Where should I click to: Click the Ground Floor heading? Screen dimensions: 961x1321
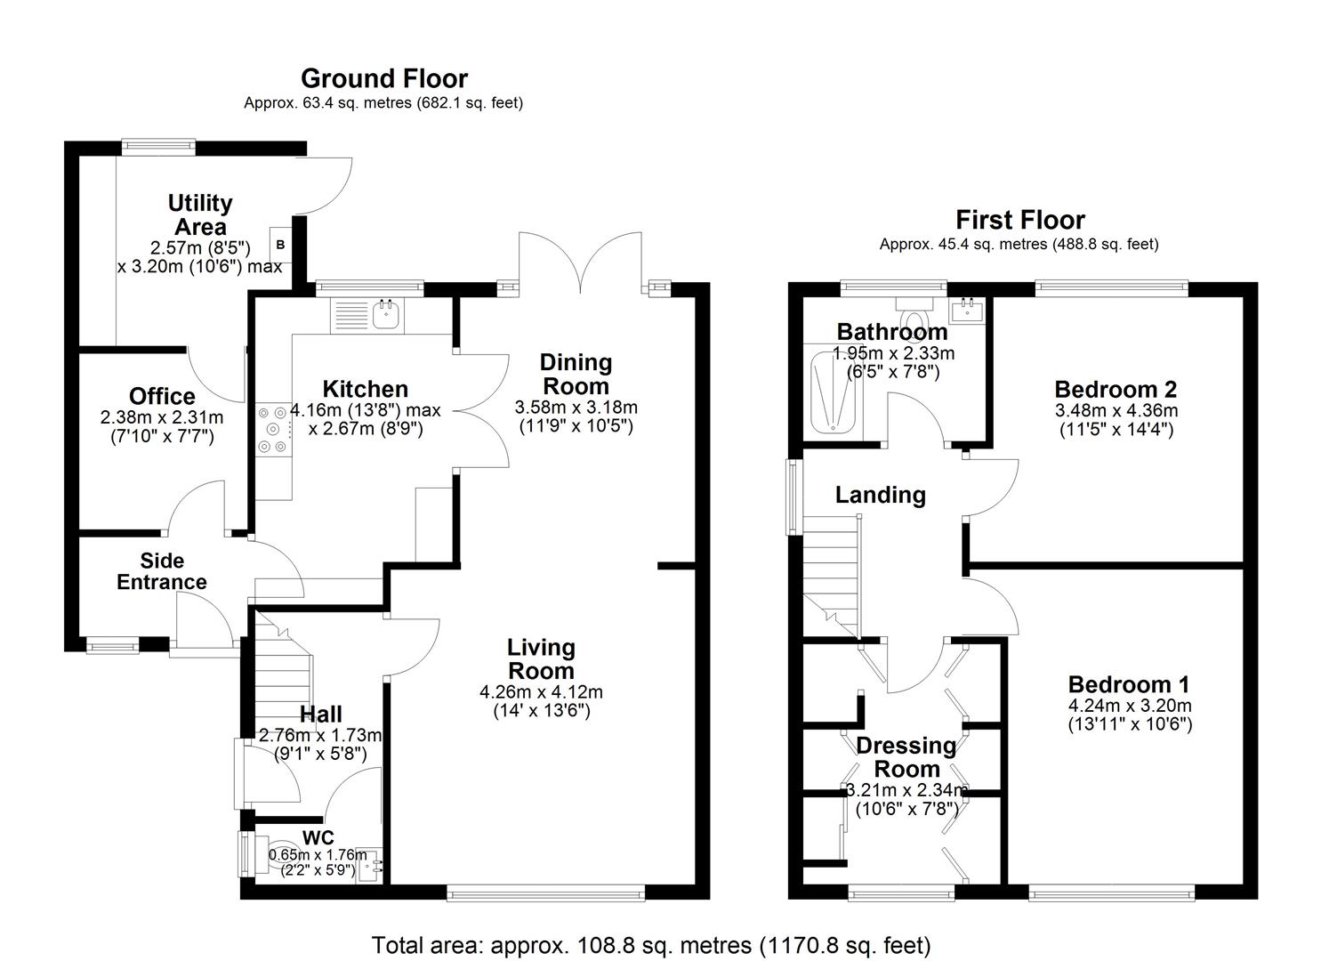383,79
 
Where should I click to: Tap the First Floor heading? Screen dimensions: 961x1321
1019,220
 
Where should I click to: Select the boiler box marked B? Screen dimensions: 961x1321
280,244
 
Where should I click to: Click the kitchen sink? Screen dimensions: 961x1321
386,314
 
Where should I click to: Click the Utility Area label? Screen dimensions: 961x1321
200,214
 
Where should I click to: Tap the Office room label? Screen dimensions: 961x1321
162,396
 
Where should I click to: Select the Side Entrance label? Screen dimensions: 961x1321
162,571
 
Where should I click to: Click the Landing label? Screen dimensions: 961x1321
880,495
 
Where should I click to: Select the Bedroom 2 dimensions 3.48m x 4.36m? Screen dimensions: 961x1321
1116,410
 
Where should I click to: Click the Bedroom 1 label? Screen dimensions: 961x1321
1128,684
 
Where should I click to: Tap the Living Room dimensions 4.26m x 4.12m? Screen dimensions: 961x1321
541,692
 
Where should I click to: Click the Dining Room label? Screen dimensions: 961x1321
576,374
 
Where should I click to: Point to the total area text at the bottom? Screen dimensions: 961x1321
650,944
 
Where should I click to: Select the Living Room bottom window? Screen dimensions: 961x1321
546,893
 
